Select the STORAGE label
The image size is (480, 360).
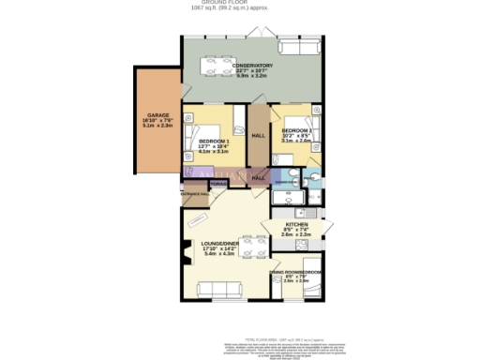217,187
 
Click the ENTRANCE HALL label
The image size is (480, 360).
193,194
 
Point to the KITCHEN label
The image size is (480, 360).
284,225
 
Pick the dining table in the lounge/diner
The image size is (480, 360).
250,246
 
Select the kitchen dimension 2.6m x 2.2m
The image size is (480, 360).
284,236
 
